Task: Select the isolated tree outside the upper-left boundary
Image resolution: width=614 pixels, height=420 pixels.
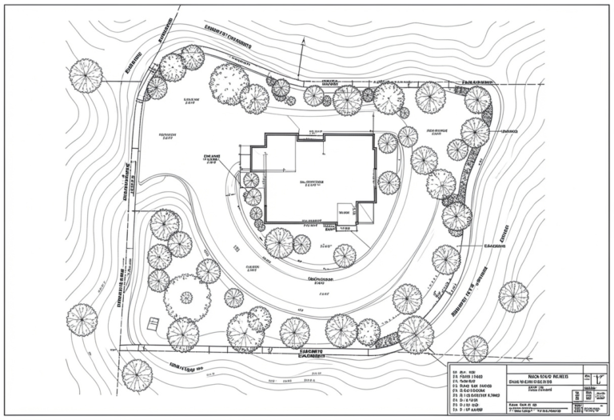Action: coord(86,76)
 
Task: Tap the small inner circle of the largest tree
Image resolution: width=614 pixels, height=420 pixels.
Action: coord(186,298)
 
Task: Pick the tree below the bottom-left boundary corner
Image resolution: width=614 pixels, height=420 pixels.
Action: coord(137,374)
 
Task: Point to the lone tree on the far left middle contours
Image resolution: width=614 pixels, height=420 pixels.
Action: coord(82,318)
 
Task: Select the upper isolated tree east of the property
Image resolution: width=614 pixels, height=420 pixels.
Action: coord(513,296)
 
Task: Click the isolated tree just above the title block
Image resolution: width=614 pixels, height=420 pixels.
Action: coord(475,349)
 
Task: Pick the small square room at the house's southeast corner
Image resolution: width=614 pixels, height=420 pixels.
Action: coord(346,212)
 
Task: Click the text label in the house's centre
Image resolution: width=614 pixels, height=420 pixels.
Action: coord(312,182)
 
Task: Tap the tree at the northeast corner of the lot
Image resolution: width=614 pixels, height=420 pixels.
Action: coord(477,100)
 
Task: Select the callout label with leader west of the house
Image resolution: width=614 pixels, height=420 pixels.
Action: coord(212,158)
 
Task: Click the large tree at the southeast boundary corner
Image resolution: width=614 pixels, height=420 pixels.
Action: coord(416,334)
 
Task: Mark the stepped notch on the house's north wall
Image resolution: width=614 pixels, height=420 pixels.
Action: coord(309,138)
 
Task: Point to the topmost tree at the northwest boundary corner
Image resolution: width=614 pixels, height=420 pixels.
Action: coord(192,58)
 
